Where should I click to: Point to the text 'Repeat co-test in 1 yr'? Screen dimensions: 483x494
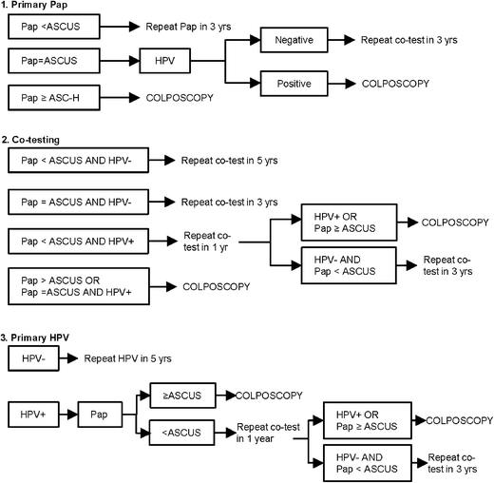pyautogui.click(x=210, y=242)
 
